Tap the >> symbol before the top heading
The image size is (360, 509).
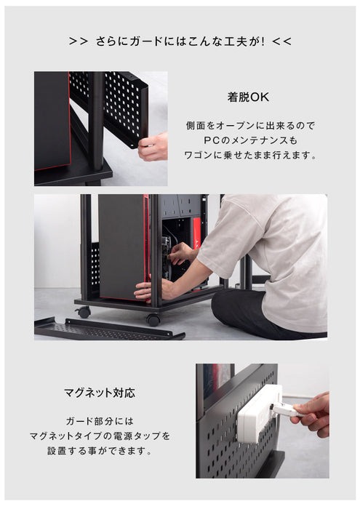(78, 41)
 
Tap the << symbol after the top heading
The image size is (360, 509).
(281, 41)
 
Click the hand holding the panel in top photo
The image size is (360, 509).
(153, 147)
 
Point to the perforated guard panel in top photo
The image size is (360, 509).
(116, 105)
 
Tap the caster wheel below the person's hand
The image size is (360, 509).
(153, 319)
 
